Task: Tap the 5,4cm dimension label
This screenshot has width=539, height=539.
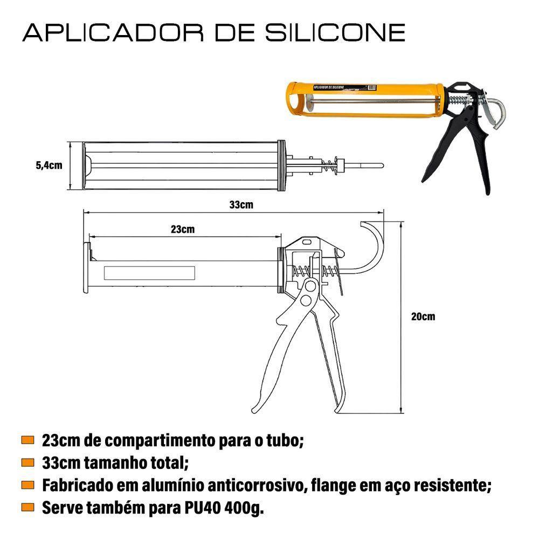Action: click(49, 165)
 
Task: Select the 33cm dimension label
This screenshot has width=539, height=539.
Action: click(241, 205)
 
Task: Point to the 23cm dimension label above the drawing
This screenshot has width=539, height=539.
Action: click(183, 229)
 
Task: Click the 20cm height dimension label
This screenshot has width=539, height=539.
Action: click(423, 316)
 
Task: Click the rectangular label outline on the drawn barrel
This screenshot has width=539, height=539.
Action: click(149, 273)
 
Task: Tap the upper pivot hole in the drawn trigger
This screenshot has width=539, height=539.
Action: click(309, 287)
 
